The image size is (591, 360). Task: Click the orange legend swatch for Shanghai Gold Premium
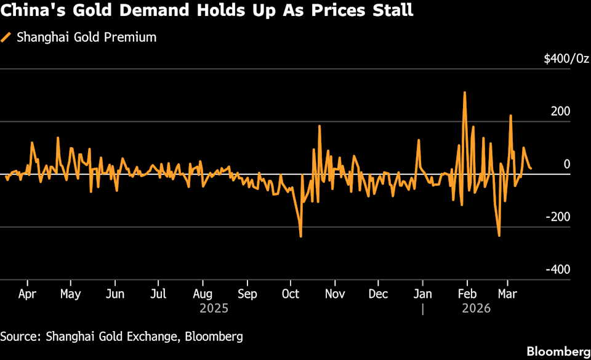6,37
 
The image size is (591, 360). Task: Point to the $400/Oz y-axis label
566,58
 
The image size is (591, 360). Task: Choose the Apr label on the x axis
27,294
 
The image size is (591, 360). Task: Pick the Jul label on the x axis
159,294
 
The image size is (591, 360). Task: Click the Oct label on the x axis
290,294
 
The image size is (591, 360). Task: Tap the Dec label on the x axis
378,294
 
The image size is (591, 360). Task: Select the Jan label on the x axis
422,294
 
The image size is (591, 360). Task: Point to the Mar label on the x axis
507,294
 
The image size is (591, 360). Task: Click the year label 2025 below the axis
214,308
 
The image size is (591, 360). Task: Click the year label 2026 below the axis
476,308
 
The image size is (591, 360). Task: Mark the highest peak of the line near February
465,92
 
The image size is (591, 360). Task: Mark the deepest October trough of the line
301,236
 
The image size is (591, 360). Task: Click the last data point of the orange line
531,168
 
